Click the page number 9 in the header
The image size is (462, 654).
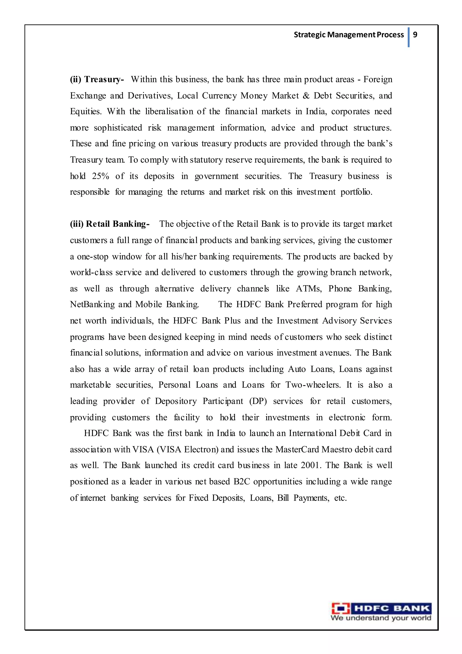[x=415, y=35]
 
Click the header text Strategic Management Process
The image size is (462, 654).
[x=349, y=35]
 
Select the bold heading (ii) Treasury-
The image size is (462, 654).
[x=97, y=79]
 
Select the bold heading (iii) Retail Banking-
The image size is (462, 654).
[x=110, y=224]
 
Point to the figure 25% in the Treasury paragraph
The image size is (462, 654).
[x=100, y=176]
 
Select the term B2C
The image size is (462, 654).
[x=242, y=481]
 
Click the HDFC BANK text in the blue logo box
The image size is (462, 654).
[x=392, y=608]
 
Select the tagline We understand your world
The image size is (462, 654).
[x=381, y=618]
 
